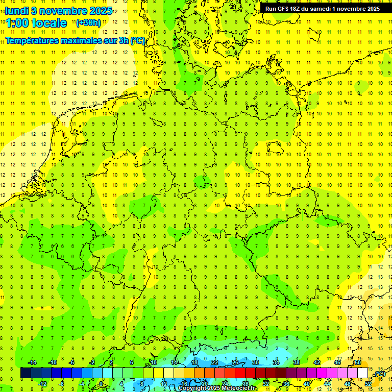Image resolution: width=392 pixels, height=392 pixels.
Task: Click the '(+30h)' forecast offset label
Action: pos(88,22)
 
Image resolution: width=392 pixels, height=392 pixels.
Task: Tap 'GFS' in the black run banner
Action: pos(285,9)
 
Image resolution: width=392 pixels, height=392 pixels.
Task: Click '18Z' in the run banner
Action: pos(301,9)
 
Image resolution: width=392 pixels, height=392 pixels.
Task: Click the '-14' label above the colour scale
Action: pos(32,362)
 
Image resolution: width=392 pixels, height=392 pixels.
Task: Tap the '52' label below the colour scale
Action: pos(368,384)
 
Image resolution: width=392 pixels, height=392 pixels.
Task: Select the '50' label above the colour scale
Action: pos(358,362)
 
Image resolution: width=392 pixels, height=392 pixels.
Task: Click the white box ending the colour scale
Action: pos(363,373)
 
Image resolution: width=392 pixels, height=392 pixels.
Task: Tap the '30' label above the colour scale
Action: pos(256,362)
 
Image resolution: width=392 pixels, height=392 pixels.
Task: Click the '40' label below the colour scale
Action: pos(307,384)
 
